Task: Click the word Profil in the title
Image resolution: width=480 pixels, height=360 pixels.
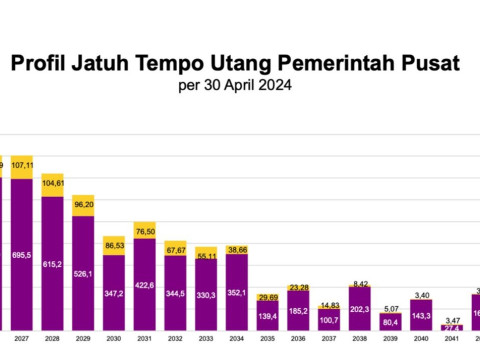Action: tap(41, 64)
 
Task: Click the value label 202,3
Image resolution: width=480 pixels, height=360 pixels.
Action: tap(360, 309)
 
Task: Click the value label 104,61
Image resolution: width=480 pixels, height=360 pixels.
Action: tap(52, 184)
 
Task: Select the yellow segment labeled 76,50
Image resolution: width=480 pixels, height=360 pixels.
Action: tap(145, 230)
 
